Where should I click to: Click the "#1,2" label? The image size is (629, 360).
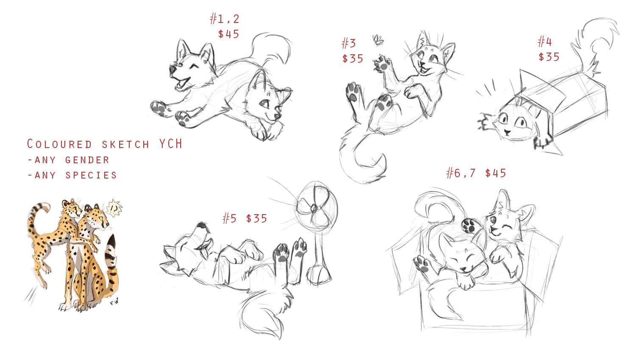point(225,19)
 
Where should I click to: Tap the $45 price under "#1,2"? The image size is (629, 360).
point(228,34)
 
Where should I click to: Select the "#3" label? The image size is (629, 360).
point(349,44)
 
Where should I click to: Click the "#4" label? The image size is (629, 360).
point(545,42)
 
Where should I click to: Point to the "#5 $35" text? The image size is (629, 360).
point(245,218)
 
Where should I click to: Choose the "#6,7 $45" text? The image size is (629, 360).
point(476,173)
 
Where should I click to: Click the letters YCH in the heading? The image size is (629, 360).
point(171,144)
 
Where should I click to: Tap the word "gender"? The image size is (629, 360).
point(87,160)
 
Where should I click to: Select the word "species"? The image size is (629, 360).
point(91,175)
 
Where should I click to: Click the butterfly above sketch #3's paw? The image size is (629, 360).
point(378,40)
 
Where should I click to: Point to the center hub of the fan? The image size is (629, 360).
point(314,208)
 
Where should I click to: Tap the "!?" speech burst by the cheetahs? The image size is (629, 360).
point(114,208)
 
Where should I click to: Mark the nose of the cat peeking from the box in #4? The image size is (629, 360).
point(507,132)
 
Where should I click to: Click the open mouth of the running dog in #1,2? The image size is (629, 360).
point(183,84)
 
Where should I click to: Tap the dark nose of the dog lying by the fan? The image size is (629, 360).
point(202,225)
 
